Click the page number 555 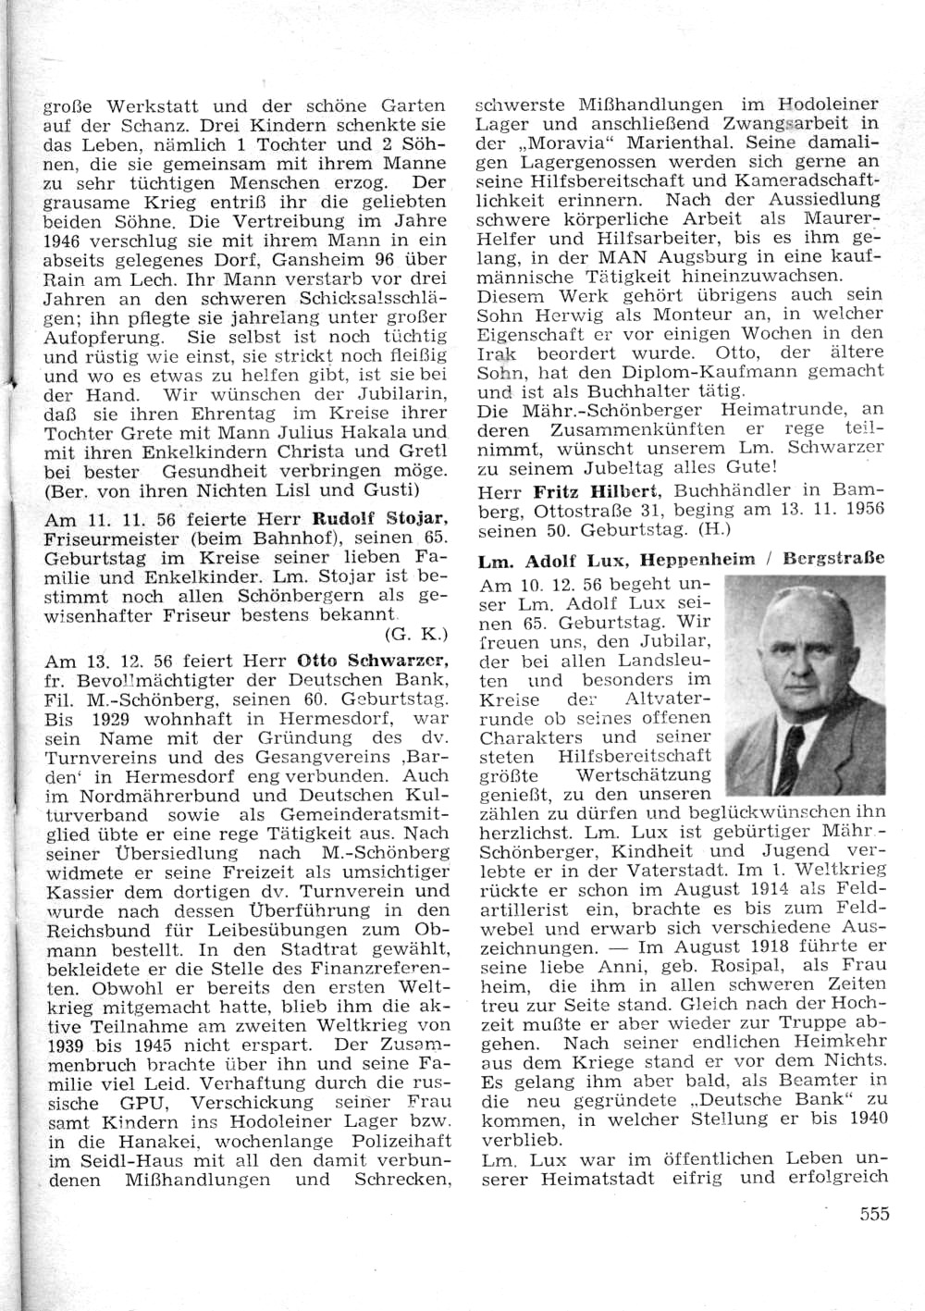tap(873, 1214)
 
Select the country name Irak tap(497, 353)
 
